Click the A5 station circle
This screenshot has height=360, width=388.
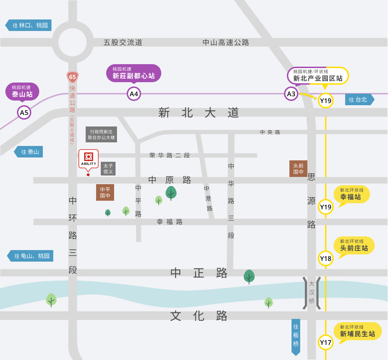(x=24, y=112)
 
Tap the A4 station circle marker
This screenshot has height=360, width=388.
(x=134, y=94)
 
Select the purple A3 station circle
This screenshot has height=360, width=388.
(x=291, y=94)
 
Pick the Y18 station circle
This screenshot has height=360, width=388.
(x=326, y=258)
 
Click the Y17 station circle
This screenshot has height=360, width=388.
(x=326, y=342)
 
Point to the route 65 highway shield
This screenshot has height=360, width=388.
(x=72, y=77)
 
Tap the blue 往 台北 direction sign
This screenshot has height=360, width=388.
(x=360, y=99)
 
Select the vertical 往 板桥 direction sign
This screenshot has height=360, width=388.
(x=296, y=337)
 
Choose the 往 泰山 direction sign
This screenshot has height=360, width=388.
(x=29, y=152)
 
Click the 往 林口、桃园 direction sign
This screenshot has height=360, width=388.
(x=29, y=25)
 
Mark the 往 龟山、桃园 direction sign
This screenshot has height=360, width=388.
(x=31, y=256)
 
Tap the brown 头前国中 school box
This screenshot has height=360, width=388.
(x=298, y=169)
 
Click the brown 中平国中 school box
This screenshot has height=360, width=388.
(x=105, y=192)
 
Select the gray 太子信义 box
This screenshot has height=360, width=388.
(x=108, y=169)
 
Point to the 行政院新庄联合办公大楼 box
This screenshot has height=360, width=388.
(x=101, y=134)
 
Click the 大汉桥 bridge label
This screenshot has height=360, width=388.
(x=312, y=292)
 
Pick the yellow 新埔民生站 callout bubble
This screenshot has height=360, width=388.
(x=357, y=332)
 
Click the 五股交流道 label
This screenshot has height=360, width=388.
(x=123, y=43)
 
